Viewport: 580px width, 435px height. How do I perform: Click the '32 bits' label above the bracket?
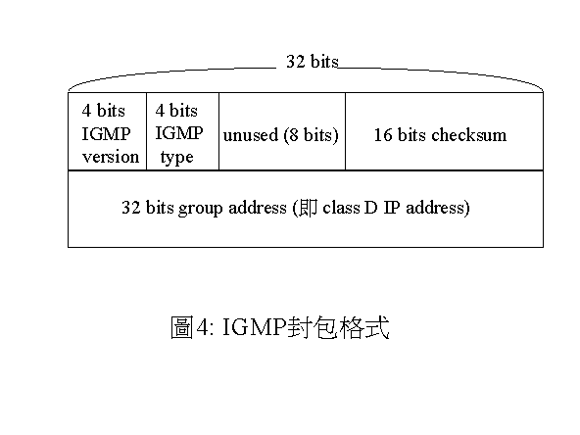313,61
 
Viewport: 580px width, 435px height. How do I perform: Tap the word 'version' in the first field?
111,157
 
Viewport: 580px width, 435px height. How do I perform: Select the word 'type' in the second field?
176,158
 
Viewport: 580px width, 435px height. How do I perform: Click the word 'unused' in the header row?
251,135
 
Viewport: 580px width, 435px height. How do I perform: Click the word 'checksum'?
469,135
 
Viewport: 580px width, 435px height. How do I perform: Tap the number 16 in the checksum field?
383,135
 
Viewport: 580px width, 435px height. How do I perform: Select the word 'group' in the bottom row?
201,209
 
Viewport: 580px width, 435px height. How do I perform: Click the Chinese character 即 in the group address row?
309,208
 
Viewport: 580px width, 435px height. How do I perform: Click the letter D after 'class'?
370,208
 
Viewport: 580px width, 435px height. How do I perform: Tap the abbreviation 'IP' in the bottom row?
392,208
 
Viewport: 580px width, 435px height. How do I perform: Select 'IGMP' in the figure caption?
255,327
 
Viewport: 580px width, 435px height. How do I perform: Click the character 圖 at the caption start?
182,327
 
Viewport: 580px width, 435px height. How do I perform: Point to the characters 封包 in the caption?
313,327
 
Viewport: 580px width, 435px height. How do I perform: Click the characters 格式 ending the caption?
364,327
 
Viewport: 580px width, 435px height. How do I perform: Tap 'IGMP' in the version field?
106,134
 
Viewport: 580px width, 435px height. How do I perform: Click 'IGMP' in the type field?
179,133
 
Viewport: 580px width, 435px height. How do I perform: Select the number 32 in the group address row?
131,208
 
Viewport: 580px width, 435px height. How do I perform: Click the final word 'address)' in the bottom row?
438,208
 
